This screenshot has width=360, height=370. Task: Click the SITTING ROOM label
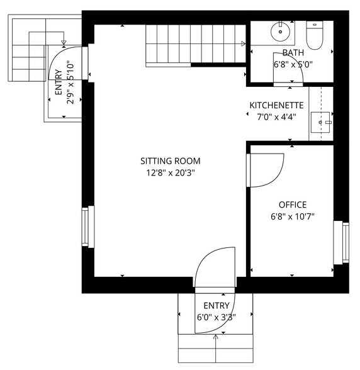pos(167,161)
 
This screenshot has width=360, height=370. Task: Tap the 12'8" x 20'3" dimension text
pos(167,173)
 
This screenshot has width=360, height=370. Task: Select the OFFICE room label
pos(293,205)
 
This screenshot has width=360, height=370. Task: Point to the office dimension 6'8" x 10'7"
pos(293,216)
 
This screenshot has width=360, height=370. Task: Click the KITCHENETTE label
pos(277,105)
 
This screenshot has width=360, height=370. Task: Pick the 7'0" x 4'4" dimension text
pos(277,116)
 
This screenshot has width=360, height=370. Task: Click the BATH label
pos(293,53)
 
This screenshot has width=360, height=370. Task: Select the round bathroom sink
pos(279,30)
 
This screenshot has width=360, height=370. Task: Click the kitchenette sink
pos(324,123)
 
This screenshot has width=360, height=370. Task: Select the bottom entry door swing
pos(214,269)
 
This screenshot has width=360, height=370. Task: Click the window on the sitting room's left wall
pos(87,226)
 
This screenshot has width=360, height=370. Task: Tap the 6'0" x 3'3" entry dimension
pos(215,317)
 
